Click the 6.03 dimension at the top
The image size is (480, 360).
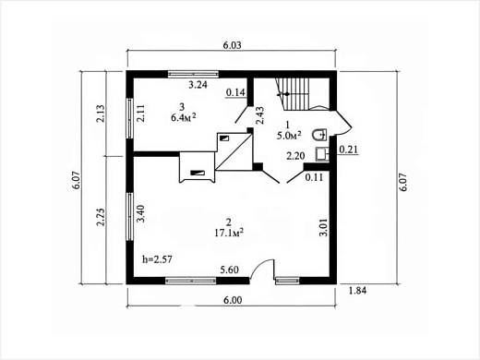(232, 45)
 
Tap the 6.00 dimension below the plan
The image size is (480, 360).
(233, 300)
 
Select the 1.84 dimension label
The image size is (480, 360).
(357, 290)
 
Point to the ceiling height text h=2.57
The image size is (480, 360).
(157, 259)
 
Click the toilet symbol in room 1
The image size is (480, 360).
(319, 135)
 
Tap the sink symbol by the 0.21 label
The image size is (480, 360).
(322, 154)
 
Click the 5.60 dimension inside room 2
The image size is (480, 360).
(230, 270)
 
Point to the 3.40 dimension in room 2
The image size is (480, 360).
(141, 213)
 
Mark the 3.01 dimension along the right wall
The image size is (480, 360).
(323, 227)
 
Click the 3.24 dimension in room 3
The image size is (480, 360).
(198, 85)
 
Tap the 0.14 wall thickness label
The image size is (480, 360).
(235, 92)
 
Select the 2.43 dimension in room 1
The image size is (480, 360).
(260, 115)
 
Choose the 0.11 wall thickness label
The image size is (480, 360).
(314, 177)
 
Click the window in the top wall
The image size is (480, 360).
(193, 74)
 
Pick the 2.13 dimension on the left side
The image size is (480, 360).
(101, 114)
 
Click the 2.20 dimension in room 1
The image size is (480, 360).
(295, 156)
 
